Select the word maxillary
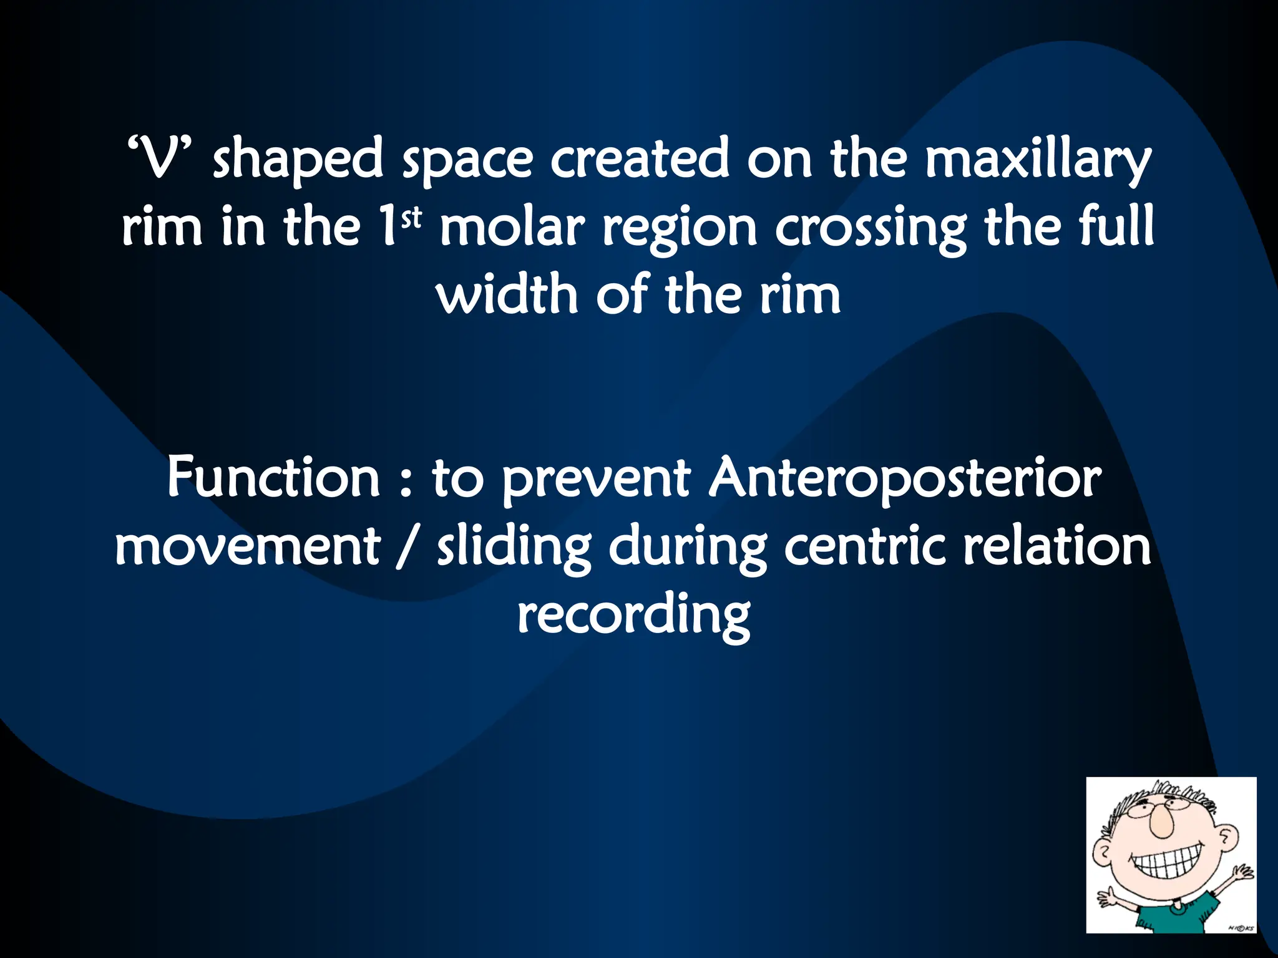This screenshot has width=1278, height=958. [1037, 161]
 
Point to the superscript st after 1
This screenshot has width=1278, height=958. [412, 218]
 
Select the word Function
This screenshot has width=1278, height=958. [273, 477]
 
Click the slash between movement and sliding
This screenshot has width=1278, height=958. [408, 547]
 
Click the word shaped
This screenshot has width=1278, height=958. [298, 161]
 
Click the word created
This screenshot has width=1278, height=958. [640, 158]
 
